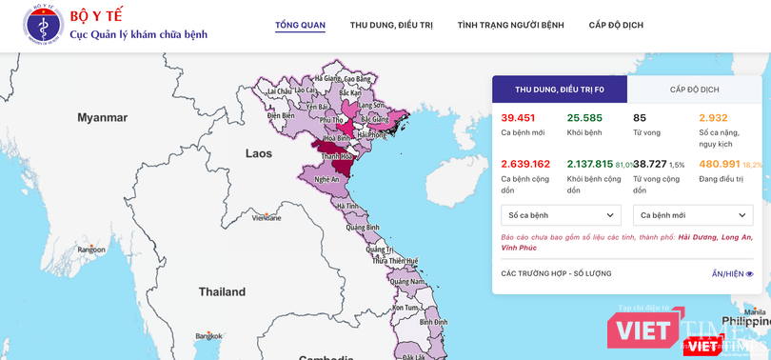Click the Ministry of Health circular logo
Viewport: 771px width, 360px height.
43,26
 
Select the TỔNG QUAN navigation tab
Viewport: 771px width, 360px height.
300,25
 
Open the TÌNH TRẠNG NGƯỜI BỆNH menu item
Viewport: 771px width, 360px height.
510,25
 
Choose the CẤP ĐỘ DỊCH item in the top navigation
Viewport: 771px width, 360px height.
617,25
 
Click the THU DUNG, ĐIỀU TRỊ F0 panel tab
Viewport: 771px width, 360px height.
560,90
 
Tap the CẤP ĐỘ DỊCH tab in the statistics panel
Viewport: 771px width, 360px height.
694,90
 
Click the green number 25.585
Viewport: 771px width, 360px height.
584,118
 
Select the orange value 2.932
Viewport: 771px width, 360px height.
713,118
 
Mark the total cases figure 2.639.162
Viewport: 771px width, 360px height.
525,164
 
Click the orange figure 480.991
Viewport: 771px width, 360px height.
720,164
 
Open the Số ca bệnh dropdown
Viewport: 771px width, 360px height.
561,215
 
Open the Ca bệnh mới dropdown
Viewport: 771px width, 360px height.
693,215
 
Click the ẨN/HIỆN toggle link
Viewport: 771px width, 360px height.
732,274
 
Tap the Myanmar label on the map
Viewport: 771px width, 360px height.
103,118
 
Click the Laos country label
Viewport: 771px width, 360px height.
258,153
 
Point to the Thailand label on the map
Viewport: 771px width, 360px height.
222,291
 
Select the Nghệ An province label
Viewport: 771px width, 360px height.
327,179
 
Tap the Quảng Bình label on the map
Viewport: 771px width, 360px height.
363,228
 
